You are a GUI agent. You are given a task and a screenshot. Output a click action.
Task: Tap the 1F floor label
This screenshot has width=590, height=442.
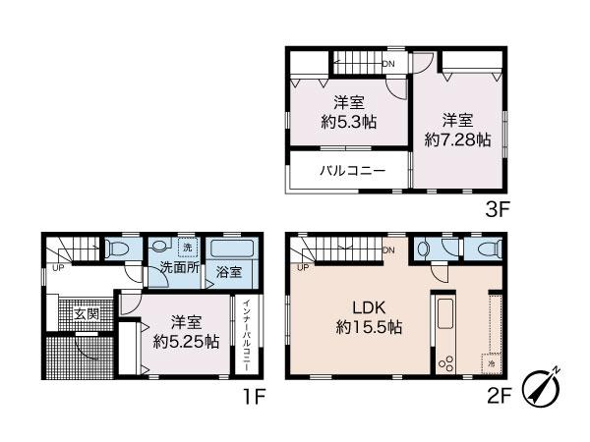(255, 396)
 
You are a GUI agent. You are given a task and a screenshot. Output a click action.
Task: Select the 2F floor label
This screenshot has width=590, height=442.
(499, 396)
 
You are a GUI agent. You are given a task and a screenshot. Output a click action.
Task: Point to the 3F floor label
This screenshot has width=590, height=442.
(497, 210)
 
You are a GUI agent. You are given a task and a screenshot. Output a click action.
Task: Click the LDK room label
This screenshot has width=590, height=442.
(369, 307)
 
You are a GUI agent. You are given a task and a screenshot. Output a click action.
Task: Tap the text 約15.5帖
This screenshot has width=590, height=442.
(369, 327)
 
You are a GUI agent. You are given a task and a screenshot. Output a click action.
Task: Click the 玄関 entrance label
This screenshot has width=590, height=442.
(87, 314)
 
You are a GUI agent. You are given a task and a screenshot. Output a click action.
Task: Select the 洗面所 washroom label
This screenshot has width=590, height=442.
(180, 267)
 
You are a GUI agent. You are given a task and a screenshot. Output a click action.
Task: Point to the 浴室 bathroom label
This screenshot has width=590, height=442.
(229, 272)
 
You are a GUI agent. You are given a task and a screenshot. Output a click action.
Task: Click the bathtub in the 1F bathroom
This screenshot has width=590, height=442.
(232, 249)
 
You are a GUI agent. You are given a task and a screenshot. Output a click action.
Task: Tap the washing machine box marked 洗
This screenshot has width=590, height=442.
(188, 248)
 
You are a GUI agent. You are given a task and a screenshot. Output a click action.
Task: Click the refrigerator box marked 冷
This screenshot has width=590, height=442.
(491, 363)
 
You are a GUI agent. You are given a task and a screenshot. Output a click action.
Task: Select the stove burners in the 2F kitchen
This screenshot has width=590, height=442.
(445, 362)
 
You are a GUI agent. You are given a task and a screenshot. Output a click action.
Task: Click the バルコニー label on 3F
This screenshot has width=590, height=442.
(353, 171)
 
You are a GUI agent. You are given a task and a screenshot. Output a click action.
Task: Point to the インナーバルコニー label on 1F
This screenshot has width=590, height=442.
(247, 335)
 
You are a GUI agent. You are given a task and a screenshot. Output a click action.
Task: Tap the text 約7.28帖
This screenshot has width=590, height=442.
(457, 140)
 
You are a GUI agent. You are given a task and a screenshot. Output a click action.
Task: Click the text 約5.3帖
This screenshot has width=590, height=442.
(349, 122)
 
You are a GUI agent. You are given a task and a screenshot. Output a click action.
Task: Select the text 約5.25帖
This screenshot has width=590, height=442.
(186, 341)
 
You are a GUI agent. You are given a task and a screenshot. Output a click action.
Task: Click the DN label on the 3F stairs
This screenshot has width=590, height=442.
(388, 64)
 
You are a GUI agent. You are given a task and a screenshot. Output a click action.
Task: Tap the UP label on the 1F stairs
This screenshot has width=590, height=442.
(58, 268)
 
